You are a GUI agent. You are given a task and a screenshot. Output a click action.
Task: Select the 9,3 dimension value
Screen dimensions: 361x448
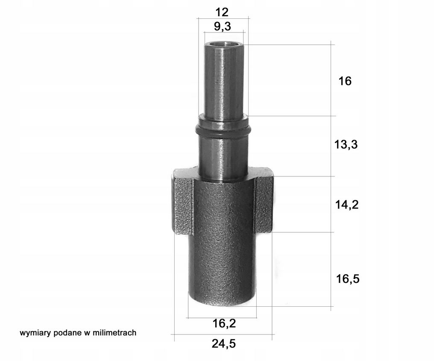click(222, 26)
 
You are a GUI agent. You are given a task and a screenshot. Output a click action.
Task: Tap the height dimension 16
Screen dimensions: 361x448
click(345, 81)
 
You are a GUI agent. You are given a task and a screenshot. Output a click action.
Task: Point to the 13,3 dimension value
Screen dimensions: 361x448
click(346, 145)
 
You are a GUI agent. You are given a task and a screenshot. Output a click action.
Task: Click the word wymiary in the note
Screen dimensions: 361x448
click(35, 333)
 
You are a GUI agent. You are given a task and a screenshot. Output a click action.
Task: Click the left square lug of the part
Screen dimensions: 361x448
click(183, 203)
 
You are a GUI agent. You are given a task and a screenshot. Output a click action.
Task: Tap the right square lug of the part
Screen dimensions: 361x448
click(264, 203)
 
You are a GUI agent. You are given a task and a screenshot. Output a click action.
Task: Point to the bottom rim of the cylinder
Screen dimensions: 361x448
click(222, 302)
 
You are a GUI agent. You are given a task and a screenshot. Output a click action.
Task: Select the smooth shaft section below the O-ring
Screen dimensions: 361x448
click(223, 156)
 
